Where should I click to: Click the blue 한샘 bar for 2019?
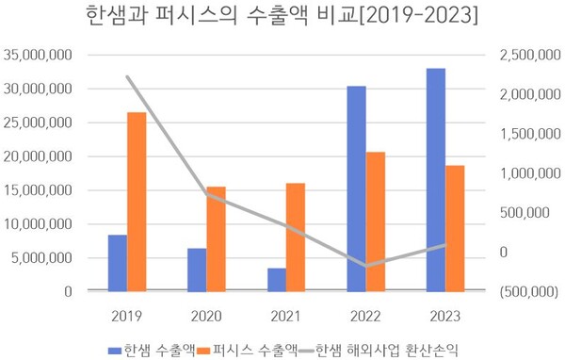point(117,263)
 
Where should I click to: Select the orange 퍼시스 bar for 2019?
point(137,202)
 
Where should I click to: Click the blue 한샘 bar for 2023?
point(435,180)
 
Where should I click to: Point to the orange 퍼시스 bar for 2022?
point(376,221)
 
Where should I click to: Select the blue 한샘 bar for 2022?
point(356,188)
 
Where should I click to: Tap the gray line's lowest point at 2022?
point(365,266)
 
